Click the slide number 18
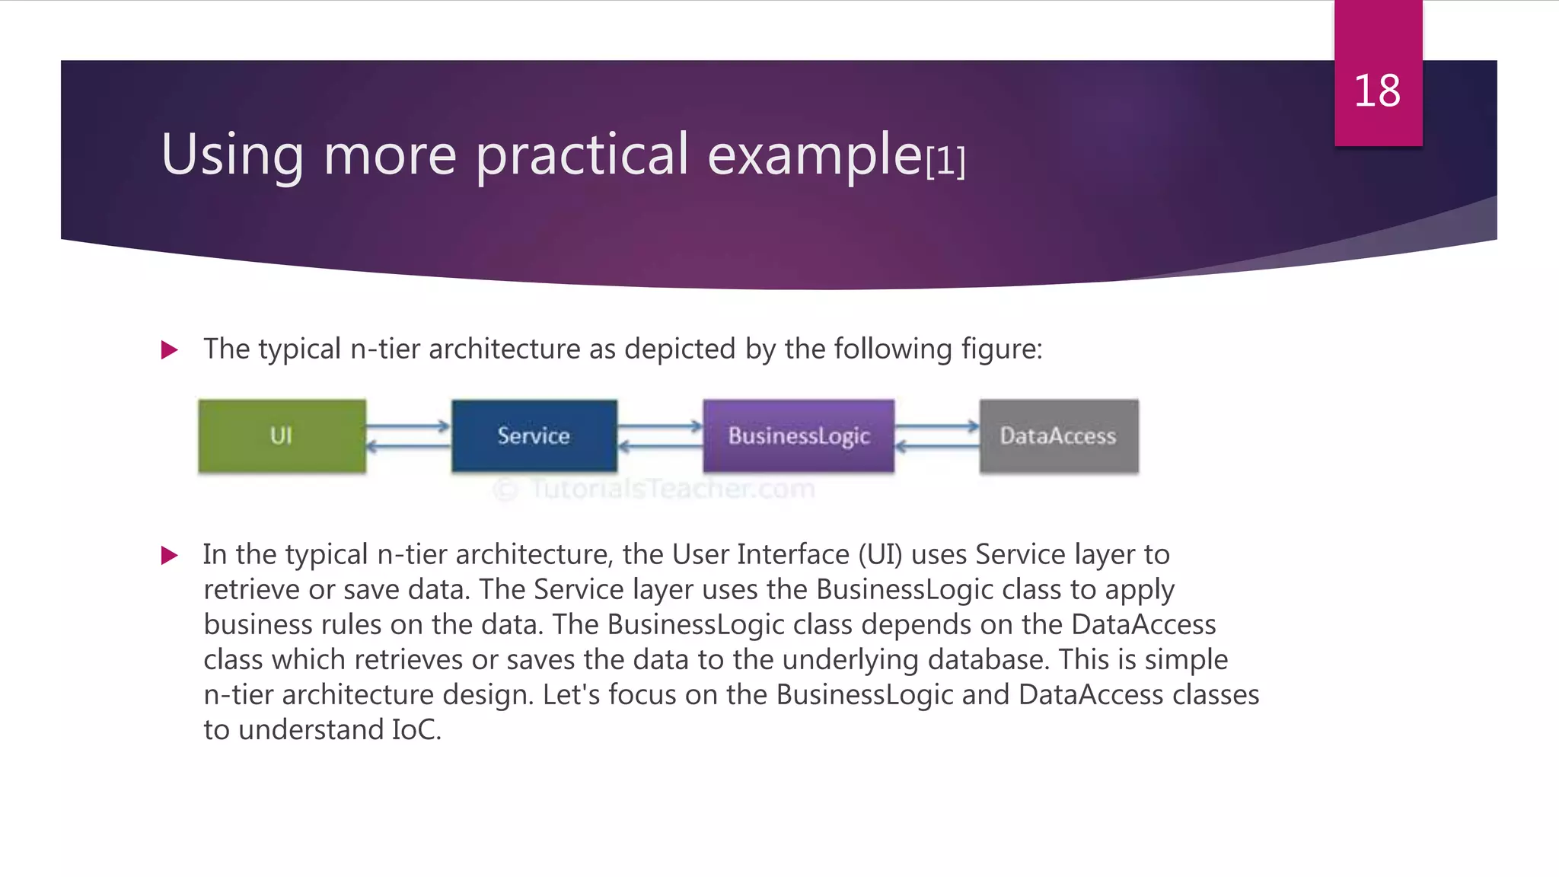click(x=1377, y=91)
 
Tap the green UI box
click(x=282, y=435)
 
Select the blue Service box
click(x=534, y=435)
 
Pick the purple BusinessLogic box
click(x=799, y=435)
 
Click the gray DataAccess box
click(x=1059, y=435)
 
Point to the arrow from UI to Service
click(x=409, y=426)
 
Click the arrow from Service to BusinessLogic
click(x=660, y=426)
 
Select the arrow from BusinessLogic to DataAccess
click(x=937, y=426)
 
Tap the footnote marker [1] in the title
click(x=945, y=161)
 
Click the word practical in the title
click(x=582, y=155)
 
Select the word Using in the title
click(x=232, y=155)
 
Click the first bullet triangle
click(x=170, y=350)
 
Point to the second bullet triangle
click(x=170, y=555)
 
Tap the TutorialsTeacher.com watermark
click(x=655, y=488)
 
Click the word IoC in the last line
click(x=416, y=729)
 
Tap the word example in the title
click(x=815, y=155)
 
